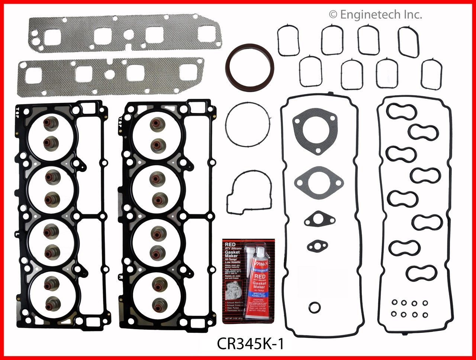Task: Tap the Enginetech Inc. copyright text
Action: (375, 15)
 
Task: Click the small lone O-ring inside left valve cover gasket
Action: (314, 307)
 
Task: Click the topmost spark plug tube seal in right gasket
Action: (401, 111)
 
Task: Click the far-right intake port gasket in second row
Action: (432, 74)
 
